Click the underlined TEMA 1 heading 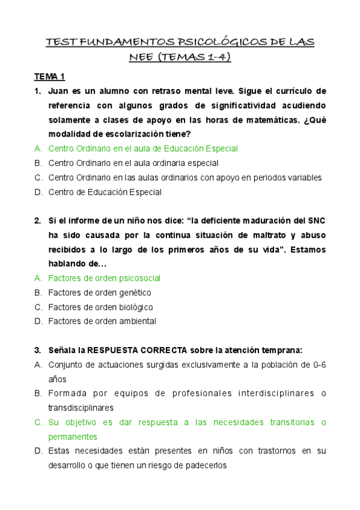(49, 76)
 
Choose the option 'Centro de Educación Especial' (105, 192)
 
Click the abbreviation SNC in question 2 (316, 221)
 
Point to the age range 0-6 (316, 364)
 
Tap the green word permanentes (73, 437)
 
